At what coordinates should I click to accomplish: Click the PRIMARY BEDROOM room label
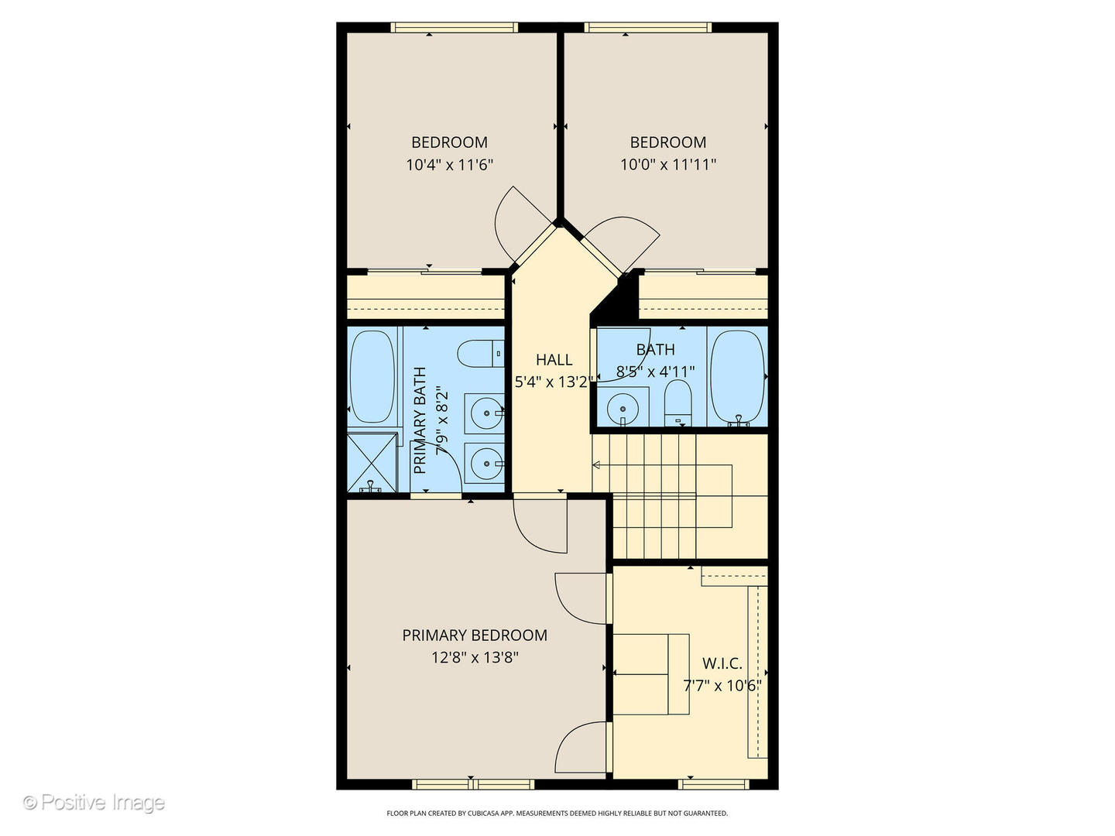tap(475, 635)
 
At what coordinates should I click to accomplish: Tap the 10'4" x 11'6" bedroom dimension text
tap(450, 164)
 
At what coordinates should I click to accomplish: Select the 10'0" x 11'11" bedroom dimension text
tap(668, 164)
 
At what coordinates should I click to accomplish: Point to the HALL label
tap(554, 360)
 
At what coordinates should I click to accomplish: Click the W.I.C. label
tap(722, 663)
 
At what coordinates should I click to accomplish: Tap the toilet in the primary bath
tap(481, 353)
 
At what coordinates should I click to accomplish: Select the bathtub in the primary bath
tap(372, 377)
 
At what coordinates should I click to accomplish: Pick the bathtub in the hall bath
tap(737, 379)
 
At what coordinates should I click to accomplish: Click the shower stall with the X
tap(372, 462)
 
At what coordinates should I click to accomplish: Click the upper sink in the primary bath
tap(485, 413)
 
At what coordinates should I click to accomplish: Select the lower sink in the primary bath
tap(485, 463)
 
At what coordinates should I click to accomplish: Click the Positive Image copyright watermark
tap(94, 803)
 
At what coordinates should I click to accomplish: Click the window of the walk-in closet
tap(714, 784)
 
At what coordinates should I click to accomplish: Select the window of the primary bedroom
tap(473, 784)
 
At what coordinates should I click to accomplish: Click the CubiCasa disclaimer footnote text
tap(557, 813)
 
